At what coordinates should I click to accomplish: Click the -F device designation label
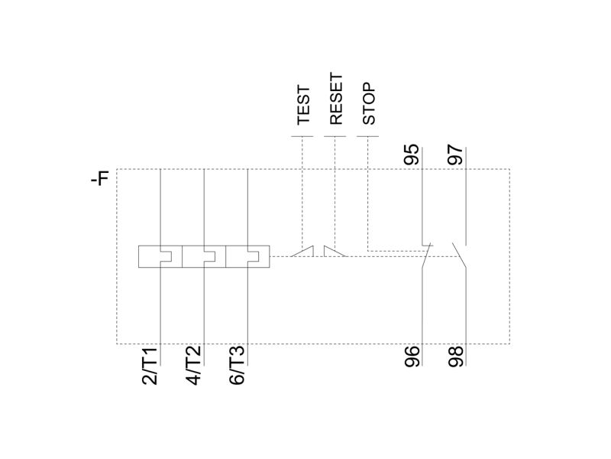tap(100, 178)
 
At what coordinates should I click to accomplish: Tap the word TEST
tap(303, 106)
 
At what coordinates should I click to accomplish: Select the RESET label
tap(336, 99)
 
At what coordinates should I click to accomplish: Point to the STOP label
tap(369, 103)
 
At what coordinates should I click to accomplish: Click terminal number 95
tap(412, 155)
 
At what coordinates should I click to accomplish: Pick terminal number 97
tap(455, 155)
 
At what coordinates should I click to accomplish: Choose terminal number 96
tap(412, 356)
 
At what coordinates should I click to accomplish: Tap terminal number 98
tap(455, 356)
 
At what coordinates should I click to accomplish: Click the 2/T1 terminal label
tap(150, 366)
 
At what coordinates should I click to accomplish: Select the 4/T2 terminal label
tap(194, 366)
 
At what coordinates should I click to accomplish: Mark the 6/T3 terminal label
tap(238, 366)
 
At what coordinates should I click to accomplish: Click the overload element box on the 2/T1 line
tap(160, 256)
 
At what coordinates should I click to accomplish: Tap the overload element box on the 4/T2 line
tap(204, 256)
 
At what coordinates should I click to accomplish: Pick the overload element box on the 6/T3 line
tap(247, 256)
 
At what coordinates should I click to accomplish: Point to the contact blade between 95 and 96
tap(426, 256)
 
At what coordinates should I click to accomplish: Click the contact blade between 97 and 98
tap(459, 256)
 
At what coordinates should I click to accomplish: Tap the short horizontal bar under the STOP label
tap(368, 137)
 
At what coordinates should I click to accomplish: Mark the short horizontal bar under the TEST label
tap(302, 137)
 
